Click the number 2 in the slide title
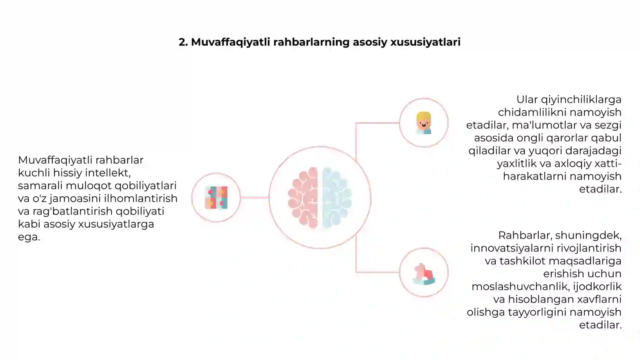point(183,42)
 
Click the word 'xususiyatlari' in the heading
point(426,42)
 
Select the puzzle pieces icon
point(216,198)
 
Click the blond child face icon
point(424,123)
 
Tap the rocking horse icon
point(424,274)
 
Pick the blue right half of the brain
point(337,198)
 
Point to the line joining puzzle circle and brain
point(254,198)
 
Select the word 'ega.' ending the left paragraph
point(29,237)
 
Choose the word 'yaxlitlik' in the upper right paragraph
point(516,164)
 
